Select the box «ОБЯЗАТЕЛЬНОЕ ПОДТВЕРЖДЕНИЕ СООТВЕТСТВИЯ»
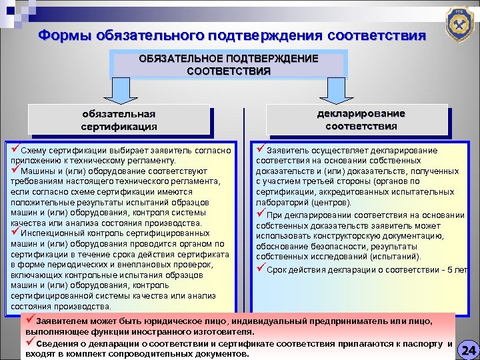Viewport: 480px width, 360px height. (229, 65)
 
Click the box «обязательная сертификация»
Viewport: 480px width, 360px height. (119, 119)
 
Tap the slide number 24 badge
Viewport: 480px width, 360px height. (469, 349)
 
